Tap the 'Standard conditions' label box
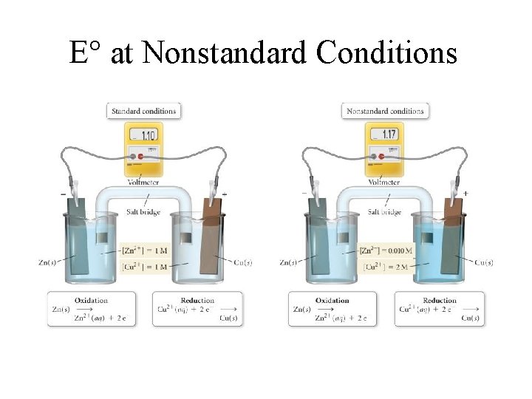click(143, 112)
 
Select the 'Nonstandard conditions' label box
click(385, 112)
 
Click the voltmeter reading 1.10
click(148, 136)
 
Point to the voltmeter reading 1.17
click(389, 135)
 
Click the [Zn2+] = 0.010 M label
click(386, 251)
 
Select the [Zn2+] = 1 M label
click(145, 251)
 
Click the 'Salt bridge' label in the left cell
click(143, 211)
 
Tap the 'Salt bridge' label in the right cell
click(384, 211)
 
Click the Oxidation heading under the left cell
click(92, 300)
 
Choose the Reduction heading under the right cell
click(439, 300)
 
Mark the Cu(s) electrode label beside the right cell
click(485, 262)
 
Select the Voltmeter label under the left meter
click(143, 182)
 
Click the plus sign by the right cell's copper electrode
click(465, 194)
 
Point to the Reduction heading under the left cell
click(197, 300)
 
